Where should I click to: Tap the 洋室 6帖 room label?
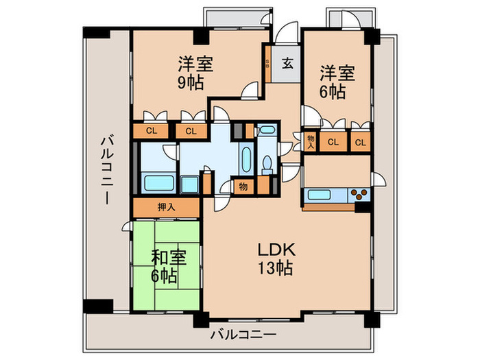(x=336, y=81)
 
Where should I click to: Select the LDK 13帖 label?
(x=276, y=259)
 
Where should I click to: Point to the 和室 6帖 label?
(x=165, y=267)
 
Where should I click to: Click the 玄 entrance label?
(x=288, y=64)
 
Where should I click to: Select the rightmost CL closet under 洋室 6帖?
(x=359, y=142)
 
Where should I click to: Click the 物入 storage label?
(x=310, y=141)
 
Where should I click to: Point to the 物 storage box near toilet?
(x=243, y=185)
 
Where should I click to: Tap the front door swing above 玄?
(x=287, y=35)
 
